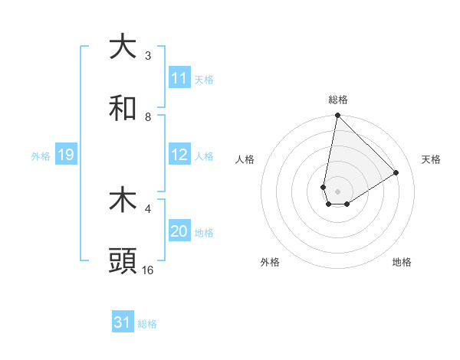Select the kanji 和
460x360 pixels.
coord(123,108)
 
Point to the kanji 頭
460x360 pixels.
coord(123,261)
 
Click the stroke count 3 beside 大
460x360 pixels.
coord(148,56)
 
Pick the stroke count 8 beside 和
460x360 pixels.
coord(148,117)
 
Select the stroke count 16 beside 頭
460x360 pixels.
coord(148,270)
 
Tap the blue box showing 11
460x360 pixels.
coord(179,78)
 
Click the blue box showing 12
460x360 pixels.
coord(179,155)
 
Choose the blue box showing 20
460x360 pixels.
coord(179,231)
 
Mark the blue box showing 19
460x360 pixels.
coord(66,155)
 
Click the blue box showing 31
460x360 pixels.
coord(123,322)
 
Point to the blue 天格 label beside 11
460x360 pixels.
coord(204,79)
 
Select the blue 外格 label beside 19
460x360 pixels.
coord(41,155)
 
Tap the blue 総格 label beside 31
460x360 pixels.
coord(147,323)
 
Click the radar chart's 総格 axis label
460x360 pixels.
coord(338,100)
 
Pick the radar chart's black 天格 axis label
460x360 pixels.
coord(431,159)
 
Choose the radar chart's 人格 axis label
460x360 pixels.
coord(245,159)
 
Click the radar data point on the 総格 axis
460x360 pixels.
coord(337,116)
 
